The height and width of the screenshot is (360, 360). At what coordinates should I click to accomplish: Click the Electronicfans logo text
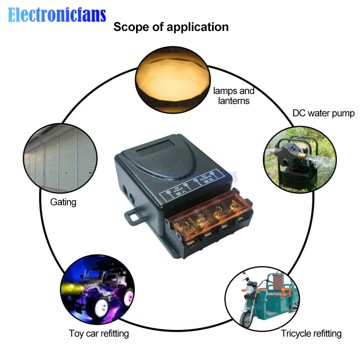pos(57,15)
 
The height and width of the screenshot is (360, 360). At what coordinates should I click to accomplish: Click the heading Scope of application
pos(171,27)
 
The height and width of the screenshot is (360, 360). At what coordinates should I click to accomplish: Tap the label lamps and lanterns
pos(234,96)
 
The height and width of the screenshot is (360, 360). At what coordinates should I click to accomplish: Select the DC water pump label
pos(323,113)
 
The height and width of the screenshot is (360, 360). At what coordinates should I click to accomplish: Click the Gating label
pos(63,202)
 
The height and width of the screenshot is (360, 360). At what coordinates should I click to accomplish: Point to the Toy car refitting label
pos(99,333)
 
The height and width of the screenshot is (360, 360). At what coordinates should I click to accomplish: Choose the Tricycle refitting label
pos(311,333)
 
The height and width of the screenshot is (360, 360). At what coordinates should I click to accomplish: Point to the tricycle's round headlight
pos(249,290)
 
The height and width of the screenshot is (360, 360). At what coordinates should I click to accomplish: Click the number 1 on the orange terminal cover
pos(187,226)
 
